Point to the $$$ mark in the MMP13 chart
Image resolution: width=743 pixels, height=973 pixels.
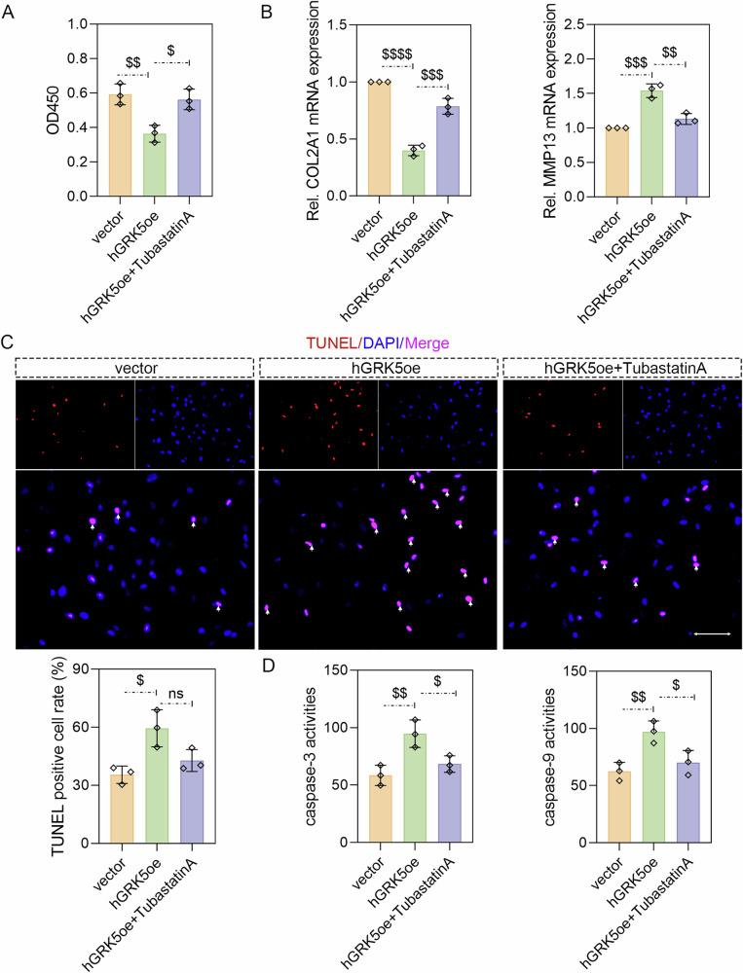(x=636, y=59)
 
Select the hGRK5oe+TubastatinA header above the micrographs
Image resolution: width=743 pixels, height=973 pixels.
(x=619, y=367)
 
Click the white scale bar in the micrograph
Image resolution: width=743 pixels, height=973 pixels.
(x=713, y=633)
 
